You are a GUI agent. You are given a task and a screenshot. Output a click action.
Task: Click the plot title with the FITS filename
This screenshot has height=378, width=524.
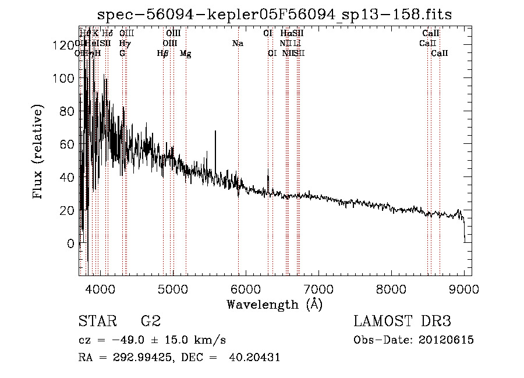(275, 14)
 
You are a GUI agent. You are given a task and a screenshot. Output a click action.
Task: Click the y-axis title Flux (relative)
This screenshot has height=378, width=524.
(38, 153)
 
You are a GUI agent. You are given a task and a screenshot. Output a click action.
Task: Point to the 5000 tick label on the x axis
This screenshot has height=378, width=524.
(172, 288)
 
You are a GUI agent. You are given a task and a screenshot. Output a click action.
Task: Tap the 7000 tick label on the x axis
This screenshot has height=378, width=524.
(318, 288)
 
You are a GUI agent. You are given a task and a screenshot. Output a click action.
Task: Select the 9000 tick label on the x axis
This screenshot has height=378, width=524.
(464, 288)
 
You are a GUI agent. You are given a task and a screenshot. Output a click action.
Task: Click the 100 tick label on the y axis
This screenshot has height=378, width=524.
(61, 78)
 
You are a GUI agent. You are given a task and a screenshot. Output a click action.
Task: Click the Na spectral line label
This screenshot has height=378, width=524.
(238, 44)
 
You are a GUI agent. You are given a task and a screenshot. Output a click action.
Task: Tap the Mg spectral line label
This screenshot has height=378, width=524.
(185, 54)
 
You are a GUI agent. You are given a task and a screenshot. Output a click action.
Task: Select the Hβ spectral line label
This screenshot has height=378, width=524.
(162, 54)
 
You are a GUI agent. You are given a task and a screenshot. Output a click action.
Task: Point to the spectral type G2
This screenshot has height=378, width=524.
(150, 322)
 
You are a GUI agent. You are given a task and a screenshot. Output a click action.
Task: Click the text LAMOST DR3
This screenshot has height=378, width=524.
(402, 322)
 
